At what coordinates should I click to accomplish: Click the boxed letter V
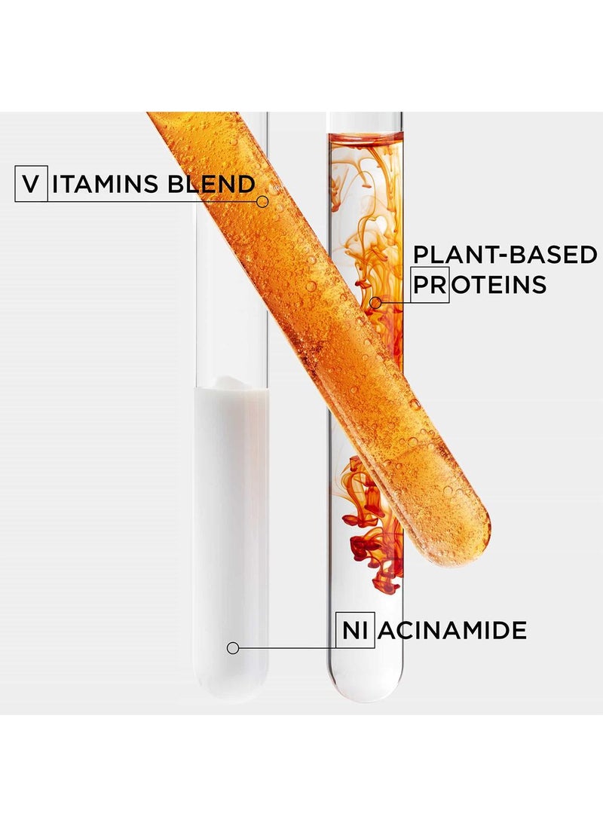30,185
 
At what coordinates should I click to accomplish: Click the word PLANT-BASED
504,255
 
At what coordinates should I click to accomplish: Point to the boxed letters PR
430,285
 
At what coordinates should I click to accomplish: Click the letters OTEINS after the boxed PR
497,285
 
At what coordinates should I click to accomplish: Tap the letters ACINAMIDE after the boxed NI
452,629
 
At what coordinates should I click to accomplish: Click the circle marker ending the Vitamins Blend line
262,201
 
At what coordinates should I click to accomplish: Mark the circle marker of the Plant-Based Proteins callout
375,302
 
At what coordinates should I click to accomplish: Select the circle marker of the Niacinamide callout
233,647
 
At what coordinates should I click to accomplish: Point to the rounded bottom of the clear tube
366,690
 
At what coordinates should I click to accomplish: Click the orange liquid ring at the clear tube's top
366,139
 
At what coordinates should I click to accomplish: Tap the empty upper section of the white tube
230,301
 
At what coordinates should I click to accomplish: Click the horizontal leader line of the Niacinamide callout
286,647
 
